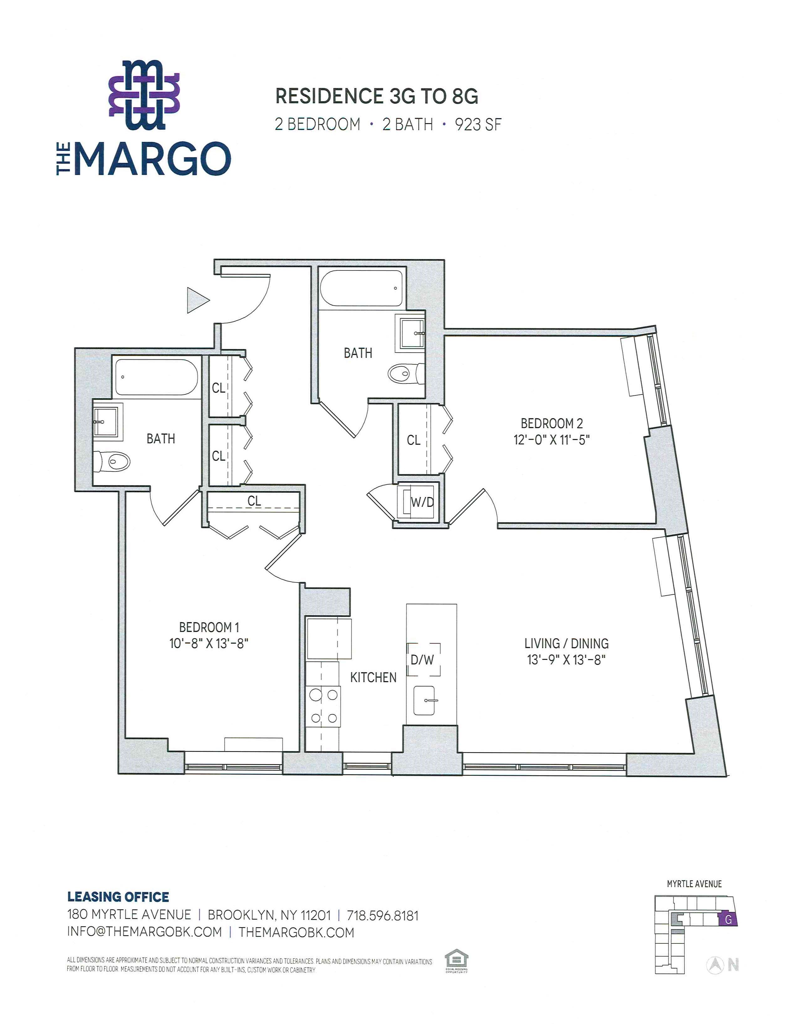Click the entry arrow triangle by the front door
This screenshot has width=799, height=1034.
(x=197, y=300)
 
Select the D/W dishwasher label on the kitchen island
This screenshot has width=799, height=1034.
(x=422, y=660)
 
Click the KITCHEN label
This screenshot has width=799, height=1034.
(x=373, y=677)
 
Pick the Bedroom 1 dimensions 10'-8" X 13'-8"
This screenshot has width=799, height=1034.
(x=209, y=643)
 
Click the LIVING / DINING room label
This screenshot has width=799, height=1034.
(x=567, y=643)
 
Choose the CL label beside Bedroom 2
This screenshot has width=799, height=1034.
(x=414, y=440)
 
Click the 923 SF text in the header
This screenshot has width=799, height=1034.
(x=478, y=124)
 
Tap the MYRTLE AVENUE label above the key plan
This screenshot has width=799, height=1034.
(x=694, y=884)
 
